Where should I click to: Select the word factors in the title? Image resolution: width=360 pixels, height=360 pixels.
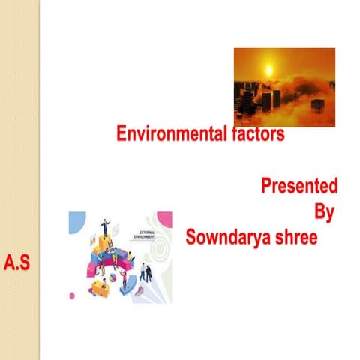coord(256,135)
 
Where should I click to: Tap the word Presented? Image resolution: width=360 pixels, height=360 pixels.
coord(299,186)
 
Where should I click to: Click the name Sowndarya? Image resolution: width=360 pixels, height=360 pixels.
coord(229,238)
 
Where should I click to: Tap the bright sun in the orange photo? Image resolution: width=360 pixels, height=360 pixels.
coord(268,70)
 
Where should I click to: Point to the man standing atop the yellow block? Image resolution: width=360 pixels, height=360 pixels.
coord(104,225)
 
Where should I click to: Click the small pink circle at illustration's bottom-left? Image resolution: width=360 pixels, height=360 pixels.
coord(72,295)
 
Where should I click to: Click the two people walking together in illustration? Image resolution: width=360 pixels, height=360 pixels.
coord(146,271)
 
